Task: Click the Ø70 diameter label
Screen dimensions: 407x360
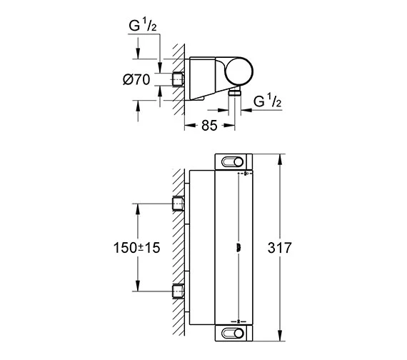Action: pyautogui.click(x=136, y=79)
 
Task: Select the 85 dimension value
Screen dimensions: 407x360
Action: pyautogui.click(x=209, y=126)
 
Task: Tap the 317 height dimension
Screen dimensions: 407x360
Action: pyautogui.click(x=280, y=248)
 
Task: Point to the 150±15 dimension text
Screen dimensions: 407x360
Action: pyautogui.click(x=137, y=248)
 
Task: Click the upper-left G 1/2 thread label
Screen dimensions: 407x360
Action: pyautogui.click(x=143, y=25)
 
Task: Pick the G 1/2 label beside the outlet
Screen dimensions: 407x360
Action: pyautogui.click(x=267, y=101)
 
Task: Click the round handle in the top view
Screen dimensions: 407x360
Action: pyautogui.click(x=238, y=71)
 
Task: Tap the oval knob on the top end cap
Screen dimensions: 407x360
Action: pyautogui.click(x=232, y=162)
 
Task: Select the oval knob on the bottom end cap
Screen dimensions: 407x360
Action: pyautogui.click(x=232, y=333)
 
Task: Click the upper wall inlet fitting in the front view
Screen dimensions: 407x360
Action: pyautogui.click(x=178, y=204)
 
